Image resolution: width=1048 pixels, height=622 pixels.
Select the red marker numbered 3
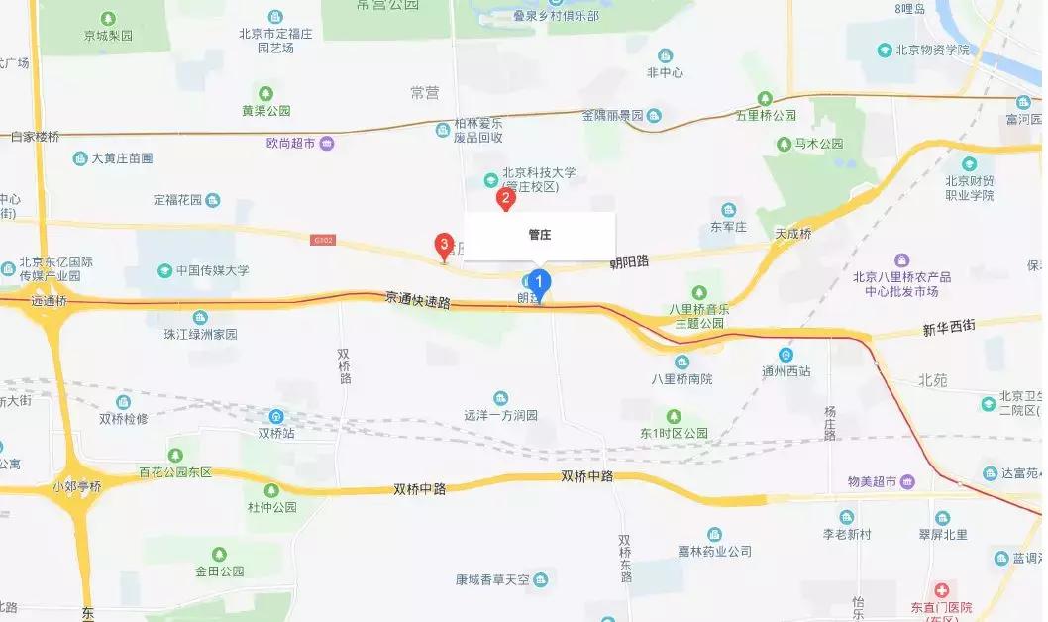445,244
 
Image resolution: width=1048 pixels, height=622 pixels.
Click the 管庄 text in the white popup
539,235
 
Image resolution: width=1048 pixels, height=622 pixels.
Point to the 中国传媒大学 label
212,270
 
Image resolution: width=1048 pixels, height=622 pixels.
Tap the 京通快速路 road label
417,299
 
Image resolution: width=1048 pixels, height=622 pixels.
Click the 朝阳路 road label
629,262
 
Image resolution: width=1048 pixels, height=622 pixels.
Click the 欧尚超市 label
290,144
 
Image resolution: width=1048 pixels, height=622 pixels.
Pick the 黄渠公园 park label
266,111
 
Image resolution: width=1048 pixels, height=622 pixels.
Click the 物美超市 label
872,481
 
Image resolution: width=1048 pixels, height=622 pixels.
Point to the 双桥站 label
276,432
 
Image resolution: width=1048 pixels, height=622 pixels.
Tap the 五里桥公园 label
766,115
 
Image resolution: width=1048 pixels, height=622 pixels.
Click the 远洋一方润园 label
500,416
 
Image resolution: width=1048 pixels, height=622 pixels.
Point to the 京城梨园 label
109,35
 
